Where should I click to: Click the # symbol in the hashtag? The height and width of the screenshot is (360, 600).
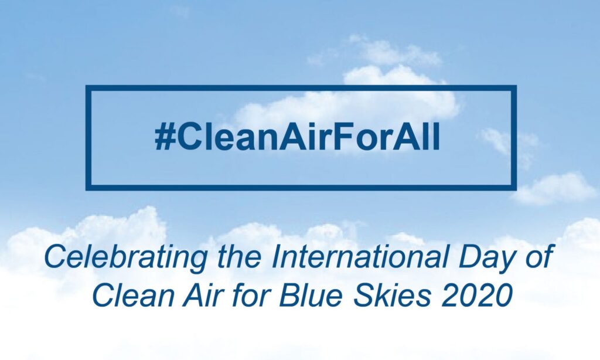[165, 137]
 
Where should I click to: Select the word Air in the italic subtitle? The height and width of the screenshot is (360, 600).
[203, 296]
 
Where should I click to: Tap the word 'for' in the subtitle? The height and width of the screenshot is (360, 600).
[251, 296]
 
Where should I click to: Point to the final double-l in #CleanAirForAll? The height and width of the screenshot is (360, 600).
[434, 137]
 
